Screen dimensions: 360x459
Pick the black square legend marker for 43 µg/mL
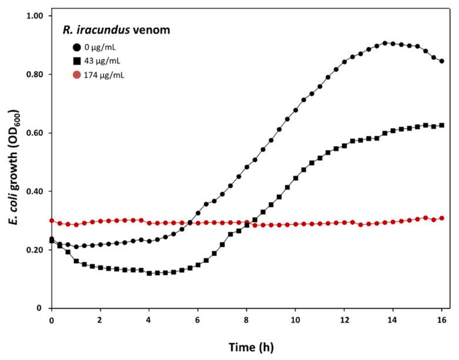tap(76, 61)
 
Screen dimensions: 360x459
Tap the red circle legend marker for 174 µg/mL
tap(76, 75)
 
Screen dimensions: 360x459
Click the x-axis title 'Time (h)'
tap(247, 347)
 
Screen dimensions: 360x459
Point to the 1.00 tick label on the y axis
tap(36, 16)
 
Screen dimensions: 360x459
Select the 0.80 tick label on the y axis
tap(36, 75)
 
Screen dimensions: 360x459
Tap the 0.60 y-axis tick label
tap(36, 133)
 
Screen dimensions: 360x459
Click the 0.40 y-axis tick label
tap(36, 192)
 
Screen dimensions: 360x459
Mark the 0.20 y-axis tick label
tap(36, 250)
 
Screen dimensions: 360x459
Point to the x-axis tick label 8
tap(246, 320)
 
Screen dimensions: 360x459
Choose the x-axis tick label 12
tap(344, 320)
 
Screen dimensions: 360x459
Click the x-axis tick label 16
tap(441, 320)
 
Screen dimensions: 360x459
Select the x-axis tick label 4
tap(149, 320)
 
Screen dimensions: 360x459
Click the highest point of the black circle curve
tap(385, 43)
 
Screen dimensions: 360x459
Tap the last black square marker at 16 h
tap(441, 125)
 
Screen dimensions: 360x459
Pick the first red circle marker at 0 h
tap(52, 221)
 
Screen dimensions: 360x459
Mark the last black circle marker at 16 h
tap(441, 61)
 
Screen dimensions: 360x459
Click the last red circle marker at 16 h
tap(441, 218)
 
